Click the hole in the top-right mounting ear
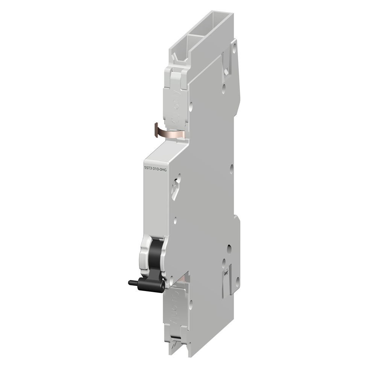(x=235, y=48)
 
